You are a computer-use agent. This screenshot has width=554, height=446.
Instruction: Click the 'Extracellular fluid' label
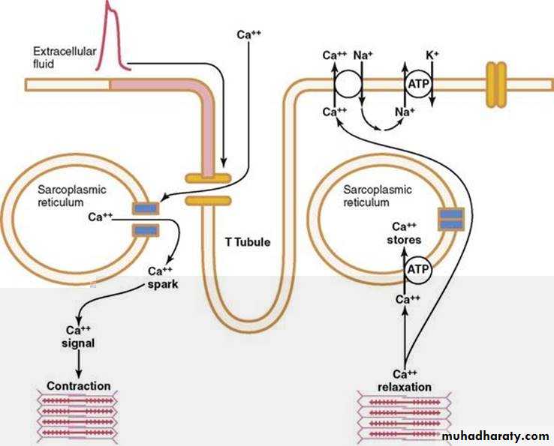[59, 57]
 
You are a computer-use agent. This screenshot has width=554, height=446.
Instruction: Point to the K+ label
[432, 55]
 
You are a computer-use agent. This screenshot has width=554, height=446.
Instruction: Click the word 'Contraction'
[78, 387]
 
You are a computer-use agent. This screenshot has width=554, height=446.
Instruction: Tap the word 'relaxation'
[405, 387]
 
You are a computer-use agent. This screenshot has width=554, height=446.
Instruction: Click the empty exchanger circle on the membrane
[348, 83]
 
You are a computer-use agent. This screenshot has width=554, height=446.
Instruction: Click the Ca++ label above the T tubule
[248, 34]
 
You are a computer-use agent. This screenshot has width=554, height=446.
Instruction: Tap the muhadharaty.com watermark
[495, 436]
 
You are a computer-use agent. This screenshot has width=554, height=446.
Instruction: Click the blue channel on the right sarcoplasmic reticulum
[451, 219]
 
